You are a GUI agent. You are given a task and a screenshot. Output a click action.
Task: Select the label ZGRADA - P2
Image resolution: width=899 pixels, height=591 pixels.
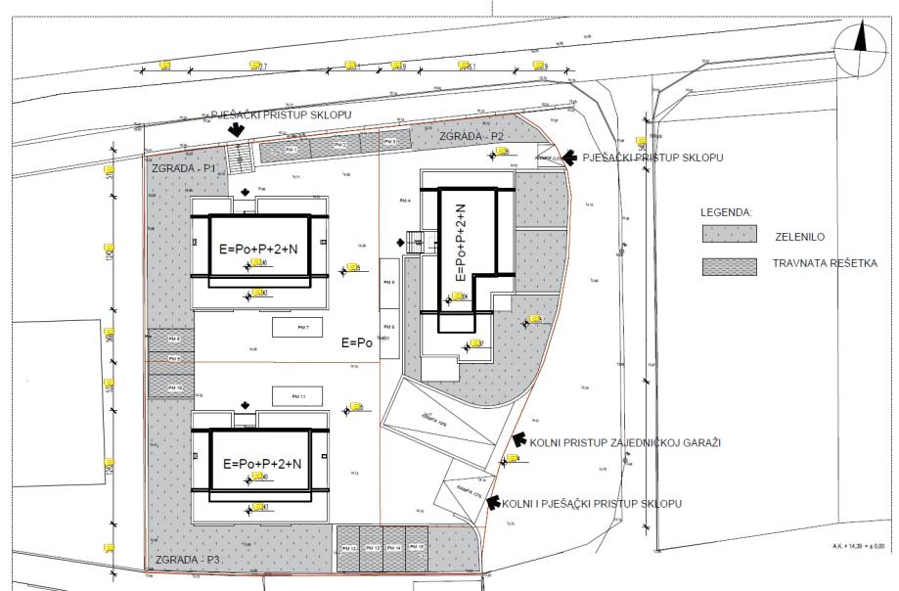[471, 135]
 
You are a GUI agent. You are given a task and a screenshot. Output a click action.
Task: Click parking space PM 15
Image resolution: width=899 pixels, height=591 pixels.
[416, 548]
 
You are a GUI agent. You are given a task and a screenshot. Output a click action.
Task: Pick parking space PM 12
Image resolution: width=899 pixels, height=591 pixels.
[349, 548]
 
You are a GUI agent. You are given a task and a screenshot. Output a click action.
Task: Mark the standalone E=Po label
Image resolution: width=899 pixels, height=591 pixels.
[357, 343]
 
